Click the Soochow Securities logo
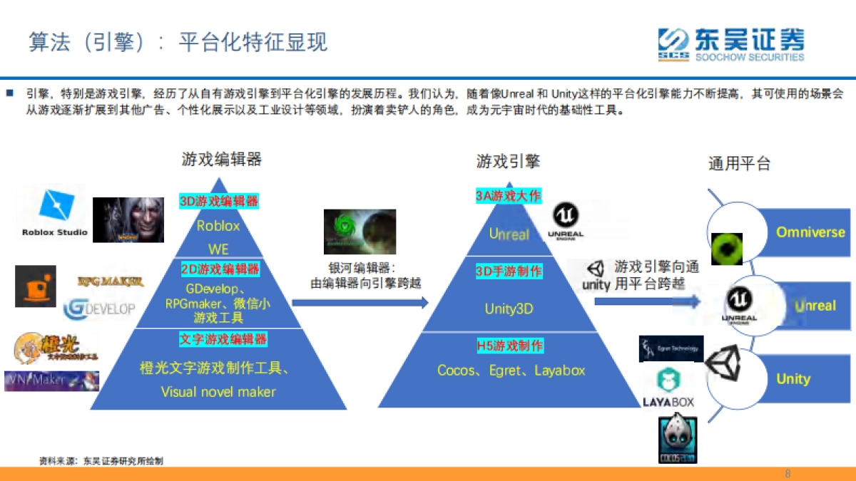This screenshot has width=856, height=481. click(730, 44)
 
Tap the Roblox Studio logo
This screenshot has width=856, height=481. click(54, 213)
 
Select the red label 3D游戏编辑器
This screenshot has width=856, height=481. click(219, 201)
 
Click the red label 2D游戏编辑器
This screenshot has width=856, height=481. click(219, 269)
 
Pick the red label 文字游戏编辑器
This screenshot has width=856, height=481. click(223, 339)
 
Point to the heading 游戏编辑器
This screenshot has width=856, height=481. click(222, 159)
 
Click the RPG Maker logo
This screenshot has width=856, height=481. click(111, 282)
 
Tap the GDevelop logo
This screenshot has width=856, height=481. click(99, 309)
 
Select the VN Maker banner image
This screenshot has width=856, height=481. click(52, 381)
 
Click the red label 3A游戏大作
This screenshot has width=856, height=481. click(509, 196)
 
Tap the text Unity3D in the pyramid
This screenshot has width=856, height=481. click(509, 309)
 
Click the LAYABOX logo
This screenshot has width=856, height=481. click(668, 388)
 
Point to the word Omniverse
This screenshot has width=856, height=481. click(810, 232)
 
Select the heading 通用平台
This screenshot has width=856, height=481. click(739, 164)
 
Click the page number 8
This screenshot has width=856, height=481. click(788, 474)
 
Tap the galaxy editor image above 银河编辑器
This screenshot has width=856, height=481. click(360, 232)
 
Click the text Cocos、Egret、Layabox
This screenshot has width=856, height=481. click(511, 371)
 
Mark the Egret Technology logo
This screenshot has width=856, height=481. click(671, 348)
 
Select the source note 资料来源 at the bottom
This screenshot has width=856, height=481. click(101, 461)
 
